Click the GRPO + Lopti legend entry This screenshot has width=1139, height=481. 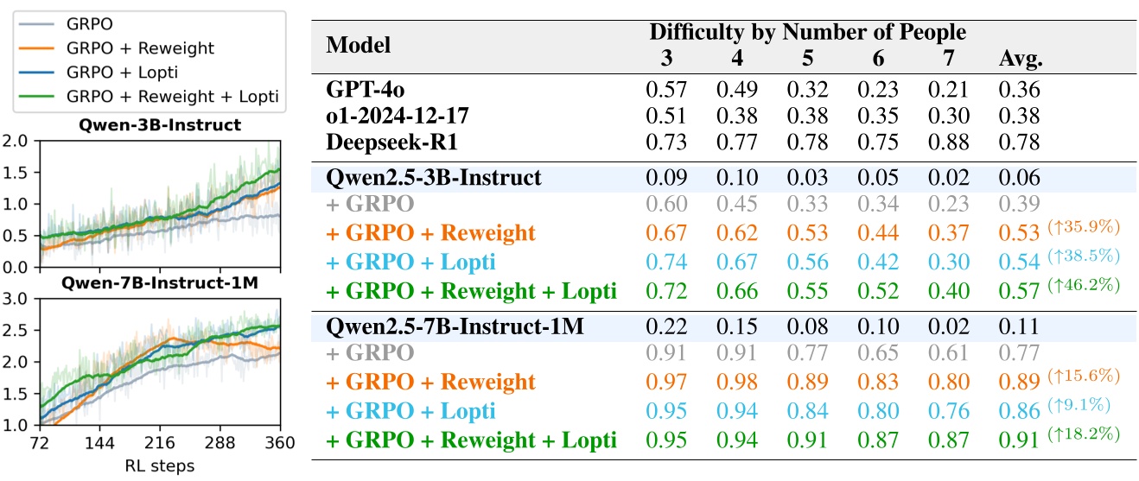121,72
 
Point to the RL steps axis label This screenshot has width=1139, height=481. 160,465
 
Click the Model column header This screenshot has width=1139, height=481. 359,45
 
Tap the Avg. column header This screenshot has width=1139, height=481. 1021,60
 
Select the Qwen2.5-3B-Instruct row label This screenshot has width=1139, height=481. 434,179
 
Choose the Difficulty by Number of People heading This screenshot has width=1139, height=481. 808,34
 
